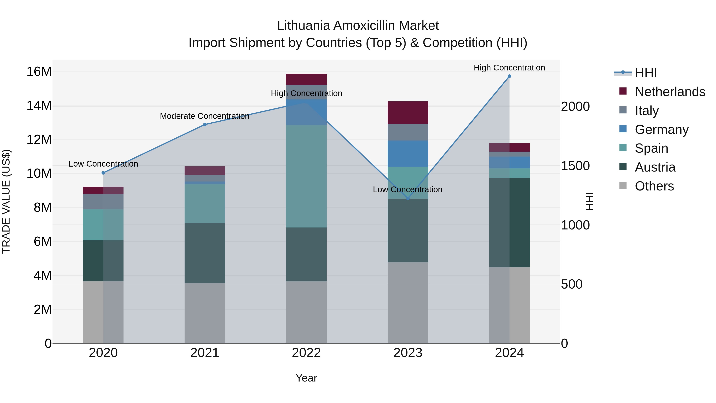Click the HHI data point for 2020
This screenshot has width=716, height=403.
pyautogui.click(x=103, y=173)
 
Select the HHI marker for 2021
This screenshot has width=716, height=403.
pyautogui.click(x=205, y=125)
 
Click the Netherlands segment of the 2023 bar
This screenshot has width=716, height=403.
pyautogui.click(x=408, y=113)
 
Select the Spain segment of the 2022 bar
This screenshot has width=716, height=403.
pyautogui.click(x=306, y=176)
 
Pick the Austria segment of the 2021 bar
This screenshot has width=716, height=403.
pyautogui.click(x=205, y=253)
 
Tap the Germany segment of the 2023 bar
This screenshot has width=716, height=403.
pyautogui.click(x=408, y=153)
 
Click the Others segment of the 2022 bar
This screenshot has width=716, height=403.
pyautogui.click(x=306, y=312)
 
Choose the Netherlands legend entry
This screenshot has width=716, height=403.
pyautogui.click(x=670, y=92)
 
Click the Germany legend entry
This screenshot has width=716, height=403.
pyautogui.click(x=662, y=130)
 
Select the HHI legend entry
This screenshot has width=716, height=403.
pyautogui.click(x=646, y=73)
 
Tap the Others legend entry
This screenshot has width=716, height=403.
pyautogui.click(x=654, y=186)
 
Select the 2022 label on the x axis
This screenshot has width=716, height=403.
pyautogui.click(x=306, y=353)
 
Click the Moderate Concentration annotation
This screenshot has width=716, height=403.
pyautogui.click(x=205, y=116)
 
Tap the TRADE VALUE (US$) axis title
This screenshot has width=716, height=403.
pyautogui.click(x=6, y=201)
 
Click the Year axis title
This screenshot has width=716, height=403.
pyautogui.click(x=306, y=378)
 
